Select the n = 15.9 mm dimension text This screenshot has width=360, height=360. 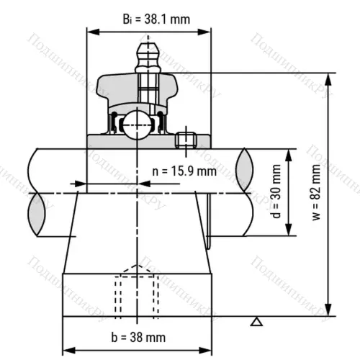coord(184,171)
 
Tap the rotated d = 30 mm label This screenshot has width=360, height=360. coord(277,192)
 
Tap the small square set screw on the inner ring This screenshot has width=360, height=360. coord(186,139)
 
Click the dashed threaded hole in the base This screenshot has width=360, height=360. coord(136,292)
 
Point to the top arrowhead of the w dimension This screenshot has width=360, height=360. coord(328,76)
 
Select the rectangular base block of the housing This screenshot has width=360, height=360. coord(136,295)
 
